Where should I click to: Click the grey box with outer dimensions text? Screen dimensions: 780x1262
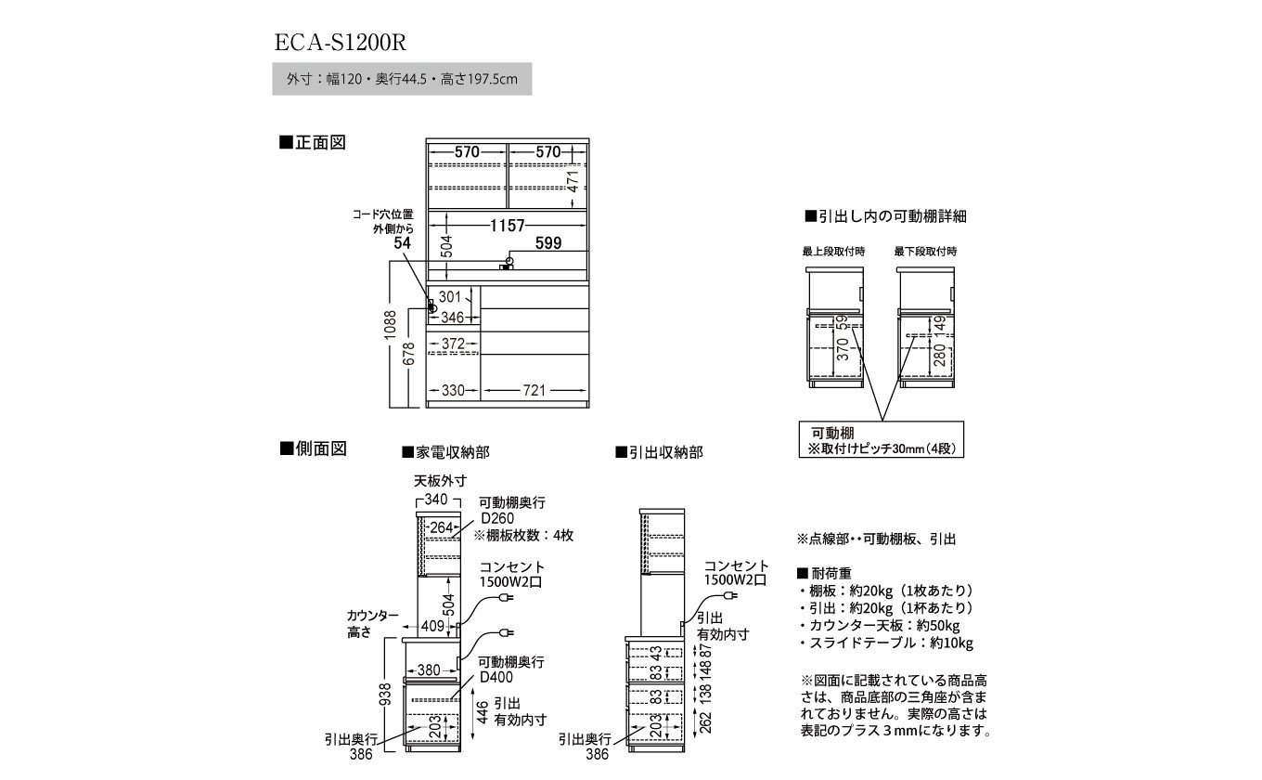click(x=402, y=80)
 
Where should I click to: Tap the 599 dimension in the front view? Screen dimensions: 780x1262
click(x=548, y=243)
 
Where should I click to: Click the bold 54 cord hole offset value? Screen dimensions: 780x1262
click(x=401, y=243)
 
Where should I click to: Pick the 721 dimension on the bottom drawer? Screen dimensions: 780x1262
click(x=534, y=390)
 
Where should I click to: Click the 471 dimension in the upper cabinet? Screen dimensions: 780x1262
click(x=573, y=182)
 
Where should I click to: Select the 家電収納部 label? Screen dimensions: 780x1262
click(x=445, y=452)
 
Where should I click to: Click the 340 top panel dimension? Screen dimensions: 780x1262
click(x=436, y=500)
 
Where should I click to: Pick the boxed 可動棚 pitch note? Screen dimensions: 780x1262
click(x=882, y=439)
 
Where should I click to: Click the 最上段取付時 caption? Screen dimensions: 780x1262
click(x=834, y=251)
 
